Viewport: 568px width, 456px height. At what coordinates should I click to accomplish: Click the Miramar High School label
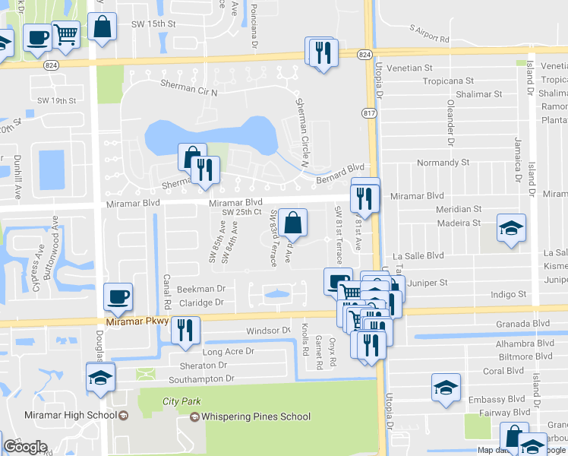pos(74,415)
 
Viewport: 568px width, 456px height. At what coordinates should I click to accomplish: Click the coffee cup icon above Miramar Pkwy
pos(118,296)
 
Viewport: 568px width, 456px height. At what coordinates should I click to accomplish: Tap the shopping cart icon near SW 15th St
pos(66,33)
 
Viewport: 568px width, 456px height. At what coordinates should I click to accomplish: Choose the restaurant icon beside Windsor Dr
pos(185,329)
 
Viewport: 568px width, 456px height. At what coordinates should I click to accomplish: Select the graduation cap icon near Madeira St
pos(510,227)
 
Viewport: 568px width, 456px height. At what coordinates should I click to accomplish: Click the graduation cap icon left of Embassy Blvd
pos(446,387)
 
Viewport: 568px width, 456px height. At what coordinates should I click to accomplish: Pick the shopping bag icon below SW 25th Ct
pos(292,223)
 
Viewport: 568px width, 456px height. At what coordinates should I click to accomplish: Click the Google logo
pos(25,447)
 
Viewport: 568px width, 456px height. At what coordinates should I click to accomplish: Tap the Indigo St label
pos(509,294)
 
